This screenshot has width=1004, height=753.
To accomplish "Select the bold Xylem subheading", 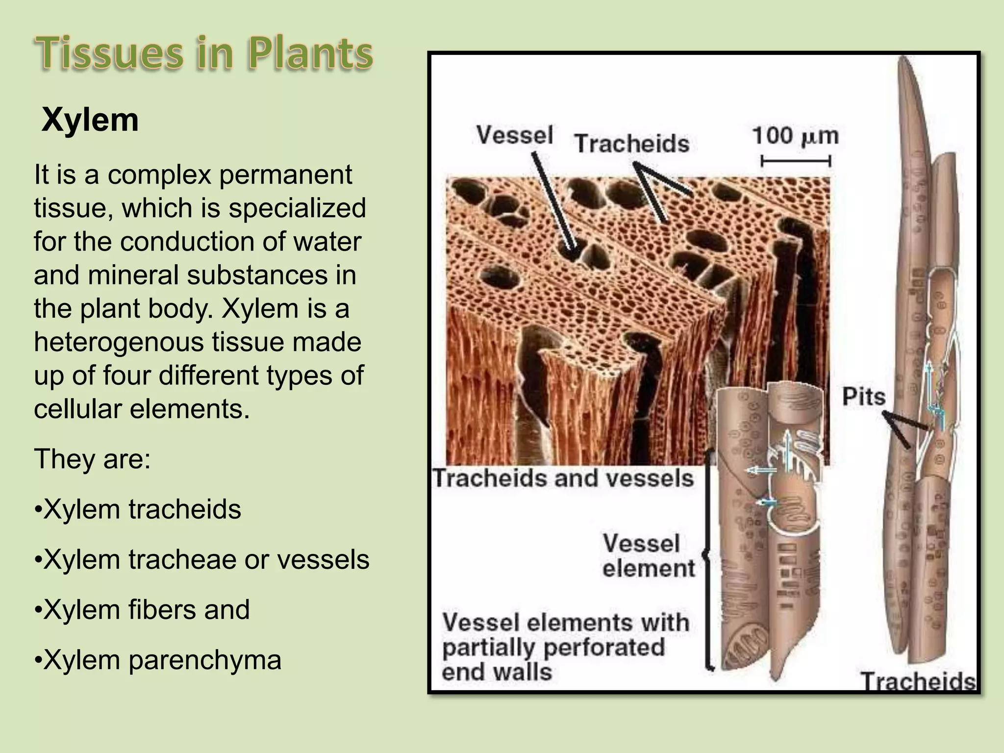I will pos(90,120).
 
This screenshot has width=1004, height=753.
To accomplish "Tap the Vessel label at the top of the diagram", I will pos(514,135).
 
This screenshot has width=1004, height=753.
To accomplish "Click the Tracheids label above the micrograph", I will pos(631,144).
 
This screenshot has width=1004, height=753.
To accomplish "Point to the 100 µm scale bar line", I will pos(795,161).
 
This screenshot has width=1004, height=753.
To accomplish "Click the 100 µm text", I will pos(795,136).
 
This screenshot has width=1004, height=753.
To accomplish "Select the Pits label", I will pos(863,397).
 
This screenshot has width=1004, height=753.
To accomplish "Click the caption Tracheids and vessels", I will pos(563,478).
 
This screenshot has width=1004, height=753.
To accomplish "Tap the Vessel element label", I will pos(648,556).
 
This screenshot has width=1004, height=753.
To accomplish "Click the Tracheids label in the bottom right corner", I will pos(918,681).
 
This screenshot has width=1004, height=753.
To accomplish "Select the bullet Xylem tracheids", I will pos(138,509).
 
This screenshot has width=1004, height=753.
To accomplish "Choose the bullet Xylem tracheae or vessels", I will pos(202,560).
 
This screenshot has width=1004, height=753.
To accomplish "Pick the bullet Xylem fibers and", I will pos(142,610).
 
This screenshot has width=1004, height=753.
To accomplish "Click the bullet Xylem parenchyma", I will pos(158,660).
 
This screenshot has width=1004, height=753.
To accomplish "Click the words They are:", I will pos(92,459).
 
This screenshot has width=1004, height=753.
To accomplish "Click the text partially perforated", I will pos(553,648).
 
